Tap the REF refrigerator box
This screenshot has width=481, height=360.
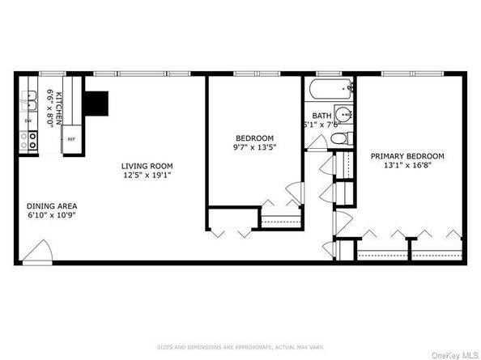[71, 139]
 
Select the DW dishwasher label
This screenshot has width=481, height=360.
[28, 121]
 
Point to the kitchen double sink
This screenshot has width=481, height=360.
[30, 100]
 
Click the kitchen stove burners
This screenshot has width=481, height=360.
[32, 141]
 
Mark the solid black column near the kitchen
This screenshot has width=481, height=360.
[97, 102]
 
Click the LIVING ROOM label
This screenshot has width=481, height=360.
[147, 166]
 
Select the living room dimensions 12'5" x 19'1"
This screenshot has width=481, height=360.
[147, 175]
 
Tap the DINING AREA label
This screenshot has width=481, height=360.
[52, 205]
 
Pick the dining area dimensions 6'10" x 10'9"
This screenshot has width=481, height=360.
[52, 215]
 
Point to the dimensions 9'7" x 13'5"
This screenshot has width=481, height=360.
[255, 148]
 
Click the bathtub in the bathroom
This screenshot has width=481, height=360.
[330, 89]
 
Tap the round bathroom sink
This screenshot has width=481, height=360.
[344, 114]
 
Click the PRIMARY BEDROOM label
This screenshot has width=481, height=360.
[407, 155]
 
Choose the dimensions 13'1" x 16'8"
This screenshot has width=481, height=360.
[407, 166]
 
